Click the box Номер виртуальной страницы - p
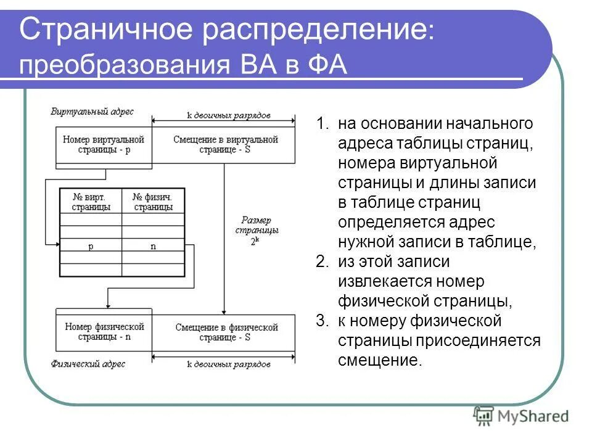[x=104, y=144]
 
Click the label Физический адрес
[x=88, y=364]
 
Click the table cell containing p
[x=90, y=246]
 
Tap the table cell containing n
[x=153, y=246]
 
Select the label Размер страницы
[x=256, y=224]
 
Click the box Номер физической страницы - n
[x=104, y=332]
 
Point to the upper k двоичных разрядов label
[x=228, y=116]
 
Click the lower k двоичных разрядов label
[x=228, y=364]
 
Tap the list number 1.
[x=322, y=123]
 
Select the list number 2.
[x=322, y=262]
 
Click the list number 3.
[x=322, y=321]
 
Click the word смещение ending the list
[x=378, y=361]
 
